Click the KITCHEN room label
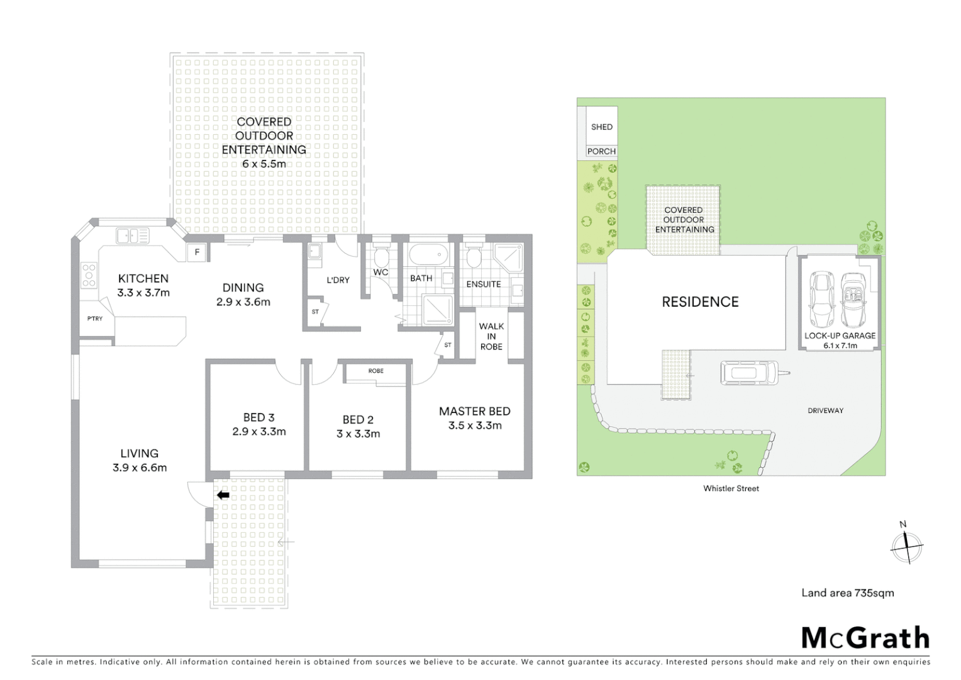pos(143,278)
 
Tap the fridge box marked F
pos(197,252)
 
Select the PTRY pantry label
pos(95,319)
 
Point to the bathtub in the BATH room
pos(428,255)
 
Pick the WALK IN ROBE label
pos(491,336)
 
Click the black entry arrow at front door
pos(223,496)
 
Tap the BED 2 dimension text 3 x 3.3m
pos(358,434)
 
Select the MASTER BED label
pos(475,411)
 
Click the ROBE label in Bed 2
pos(376,371)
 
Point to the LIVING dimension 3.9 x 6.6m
pos(140,468)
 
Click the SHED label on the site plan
pos(602,127)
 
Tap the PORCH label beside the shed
pos(601,151)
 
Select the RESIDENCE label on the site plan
pos(700,302)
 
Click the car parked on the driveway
pos(748,373)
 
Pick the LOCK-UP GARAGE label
pos(840,336)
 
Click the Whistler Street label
pos(731,489)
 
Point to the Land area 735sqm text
pos(847,593)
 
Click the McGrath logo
pos(865,638)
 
